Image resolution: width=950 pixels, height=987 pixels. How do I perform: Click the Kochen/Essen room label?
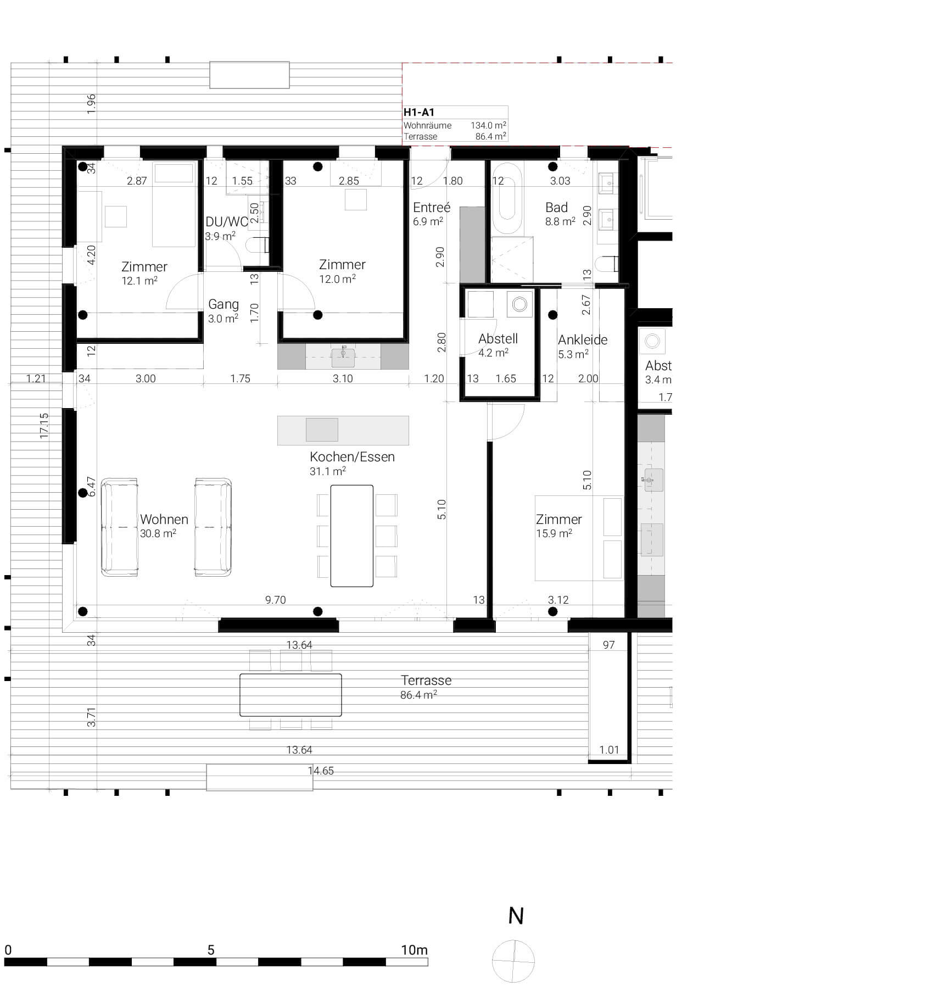[352, 457]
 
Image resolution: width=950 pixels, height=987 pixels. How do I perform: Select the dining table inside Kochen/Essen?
[352, 536]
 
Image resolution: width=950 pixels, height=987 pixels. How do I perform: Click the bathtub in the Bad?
[507, 199]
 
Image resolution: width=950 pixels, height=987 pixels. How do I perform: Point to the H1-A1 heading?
[419, 112]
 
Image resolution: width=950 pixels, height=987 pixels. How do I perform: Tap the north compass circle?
[513, 961]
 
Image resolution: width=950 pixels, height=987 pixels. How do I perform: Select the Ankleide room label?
[582, 340]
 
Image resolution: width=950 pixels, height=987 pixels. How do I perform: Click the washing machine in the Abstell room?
[519, 304]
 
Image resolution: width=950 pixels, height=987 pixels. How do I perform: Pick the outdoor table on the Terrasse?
[290, 695]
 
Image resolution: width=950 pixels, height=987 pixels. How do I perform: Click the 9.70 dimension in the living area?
[275, 600]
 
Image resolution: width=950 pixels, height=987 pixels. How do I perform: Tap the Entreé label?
[432, 208]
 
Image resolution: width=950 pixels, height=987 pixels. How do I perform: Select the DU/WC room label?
[226, 222]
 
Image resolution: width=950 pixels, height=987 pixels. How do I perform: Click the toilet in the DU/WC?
[256, 244]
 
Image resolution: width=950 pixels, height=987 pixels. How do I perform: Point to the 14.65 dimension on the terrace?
[321, 771]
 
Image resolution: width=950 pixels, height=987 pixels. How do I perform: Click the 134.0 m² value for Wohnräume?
[488, 125]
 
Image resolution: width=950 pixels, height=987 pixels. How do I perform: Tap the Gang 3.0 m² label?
[223, 310]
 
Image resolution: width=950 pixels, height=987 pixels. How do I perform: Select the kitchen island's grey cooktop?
[322, 430]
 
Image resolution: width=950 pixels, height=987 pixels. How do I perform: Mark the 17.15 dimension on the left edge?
[44, 426]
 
